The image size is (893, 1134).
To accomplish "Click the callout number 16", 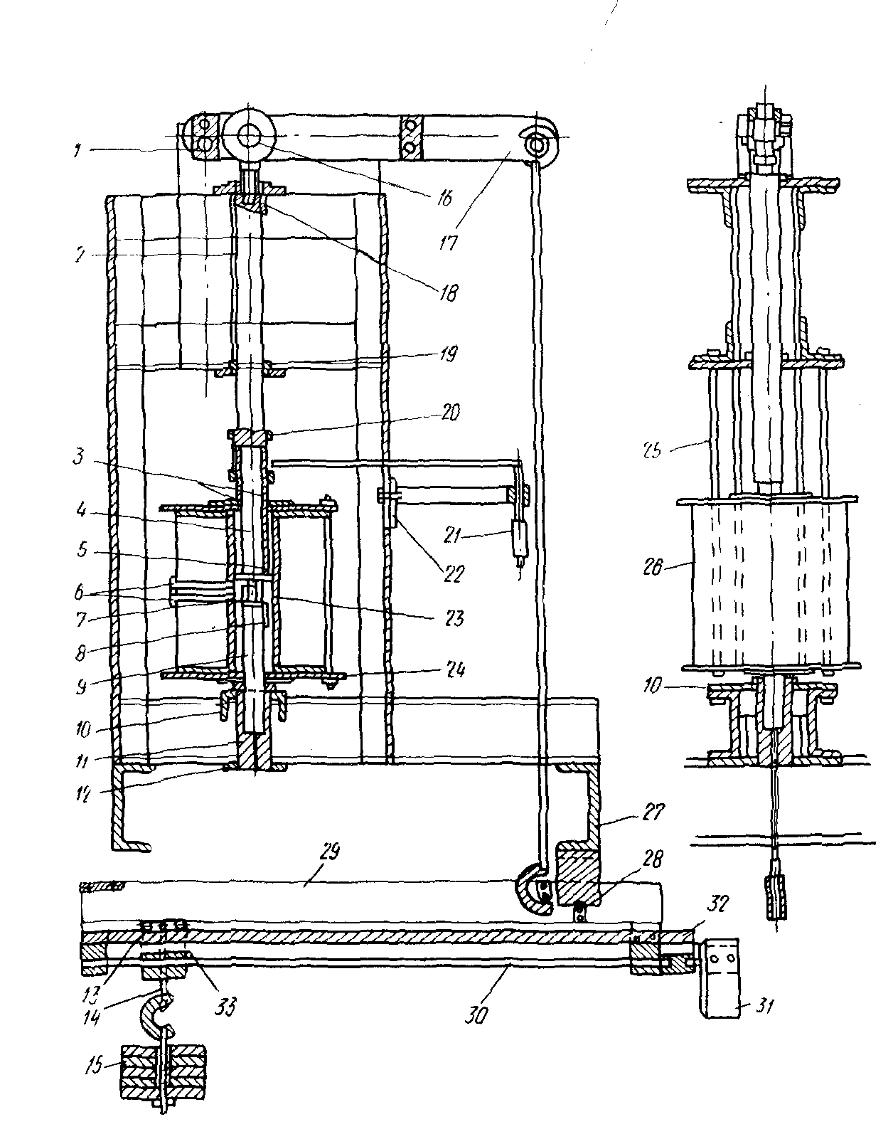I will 444,198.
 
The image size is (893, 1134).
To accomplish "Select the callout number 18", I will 449,292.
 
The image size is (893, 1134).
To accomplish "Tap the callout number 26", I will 653,567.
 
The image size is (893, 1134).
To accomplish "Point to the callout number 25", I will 653,450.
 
